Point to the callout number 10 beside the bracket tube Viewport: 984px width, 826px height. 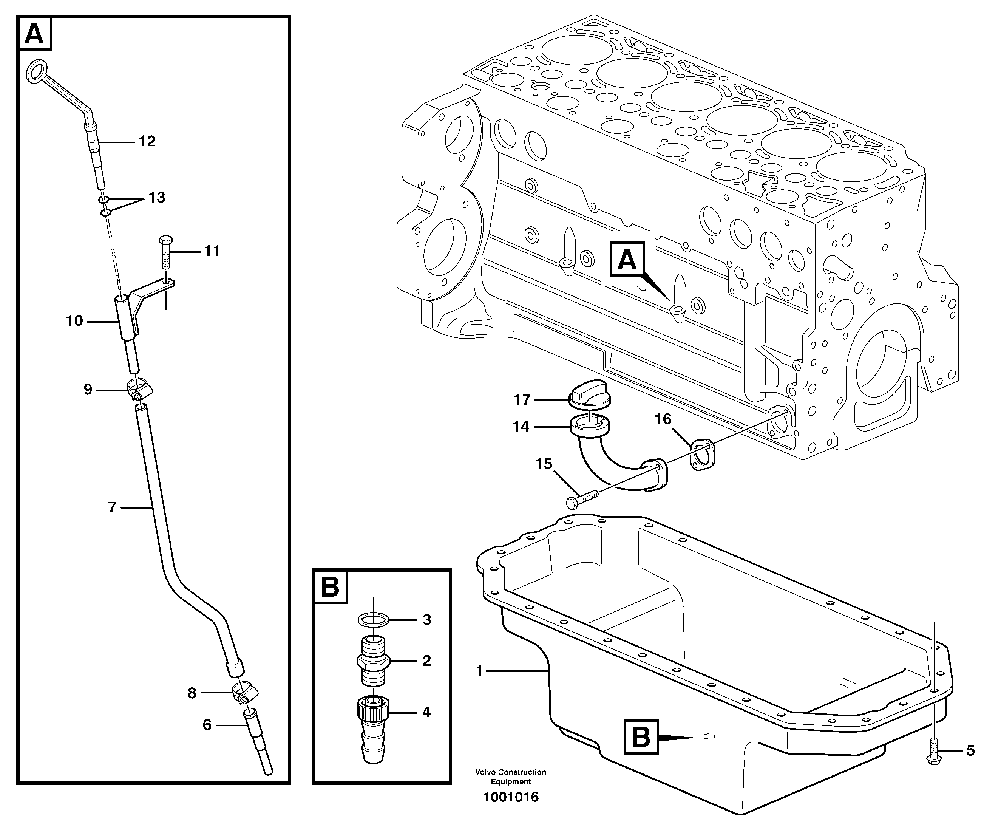74,321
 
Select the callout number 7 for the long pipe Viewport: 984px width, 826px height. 112,507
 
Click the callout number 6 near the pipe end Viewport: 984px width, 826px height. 207,725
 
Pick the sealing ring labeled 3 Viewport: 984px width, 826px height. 373,620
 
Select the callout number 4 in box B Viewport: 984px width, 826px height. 426,712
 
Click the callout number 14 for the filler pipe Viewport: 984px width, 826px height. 521,427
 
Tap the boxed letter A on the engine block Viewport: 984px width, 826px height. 627,259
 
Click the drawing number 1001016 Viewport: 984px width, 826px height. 511,797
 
